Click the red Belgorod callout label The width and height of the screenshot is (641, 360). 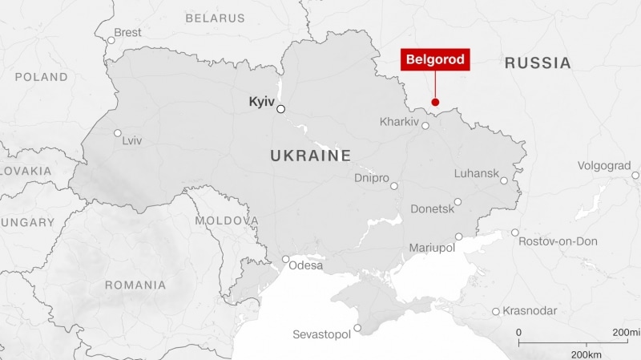tap(434, 59)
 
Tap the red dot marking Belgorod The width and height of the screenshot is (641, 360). tap(435, 102)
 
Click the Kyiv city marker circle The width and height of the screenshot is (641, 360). tap(281, 110)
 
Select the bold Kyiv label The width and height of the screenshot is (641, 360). tap(262, 103)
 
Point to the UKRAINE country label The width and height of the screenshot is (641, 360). tap(311, 156)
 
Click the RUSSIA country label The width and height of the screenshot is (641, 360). tap(538, 63)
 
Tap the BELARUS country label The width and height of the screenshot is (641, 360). tap(215, 18)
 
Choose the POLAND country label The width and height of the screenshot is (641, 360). tap(41, 77)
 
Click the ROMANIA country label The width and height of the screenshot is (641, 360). tap(135, 285)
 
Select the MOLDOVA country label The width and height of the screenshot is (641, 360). tap(227, 220)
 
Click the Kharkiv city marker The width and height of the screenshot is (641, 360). tap(425, 125)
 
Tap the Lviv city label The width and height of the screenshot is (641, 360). tap(131, 140)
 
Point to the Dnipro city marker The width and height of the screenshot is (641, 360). tap(393, 186)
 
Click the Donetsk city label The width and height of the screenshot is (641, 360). tap(432, 208)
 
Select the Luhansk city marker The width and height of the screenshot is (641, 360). tap(504, 181)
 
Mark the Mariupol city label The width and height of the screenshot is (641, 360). tap(431, 249)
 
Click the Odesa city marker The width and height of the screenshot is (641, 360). tap(286, 259)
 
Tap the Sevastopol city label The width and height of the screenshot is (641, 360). tap(321, 334)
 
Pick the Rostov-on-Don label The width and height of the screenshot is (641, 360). tap(558, 241)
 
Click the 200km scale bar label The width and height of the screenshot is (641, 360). tap(587, 354)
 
